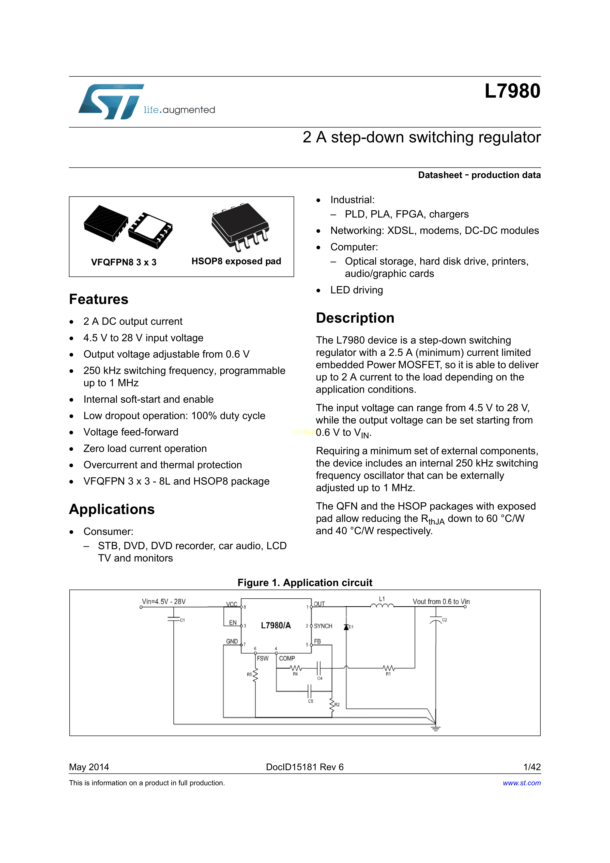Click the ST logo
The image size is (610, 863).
tap(111, 102)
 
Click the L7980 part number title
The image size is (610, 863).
tap(512, 91)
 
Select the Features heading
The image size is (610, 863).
tap(98, 299)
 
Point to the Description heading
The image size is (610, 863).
tap(355, 318)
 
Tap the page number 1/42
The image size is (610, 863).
tap(532, 767)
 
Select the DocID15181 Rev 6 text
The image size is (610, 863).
tap(305, 767)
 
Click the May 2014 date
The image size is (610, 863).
tap(89, 767)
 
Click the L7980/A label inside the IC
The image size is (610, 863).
tap(276, 625)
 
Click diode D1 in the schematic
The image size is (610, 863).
tap(346, 627)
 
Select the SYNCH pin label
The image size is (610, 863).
tap(323, 626)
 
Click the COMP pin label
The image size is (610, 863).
tap(287, 659)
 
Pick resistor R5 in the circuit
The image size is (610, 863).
tap(255, 675)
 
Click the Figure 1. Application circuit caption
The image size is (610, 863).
tap(305, 583)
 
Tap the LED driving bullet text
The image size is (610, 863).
tap(356, 290)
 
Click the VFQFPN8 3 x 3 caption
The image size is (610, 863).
tap(124, 262)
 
